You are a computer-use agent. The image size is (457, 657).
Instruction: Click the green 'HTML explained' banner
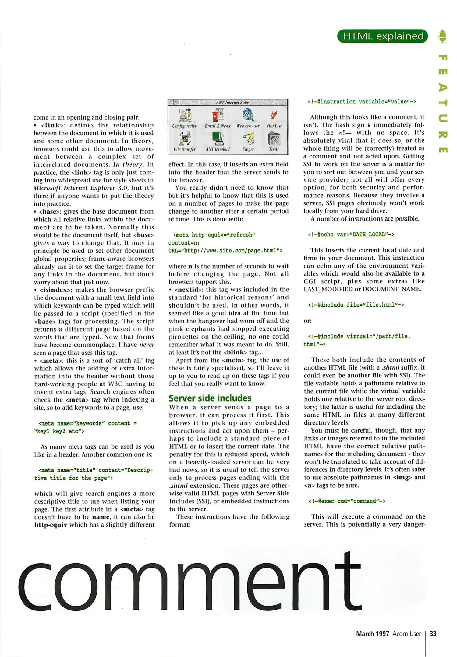pyautogui.click(x=383, y=36)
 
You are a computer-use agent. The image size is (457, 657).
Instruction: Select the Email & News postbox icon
pyautogui.click(x=218, y=115)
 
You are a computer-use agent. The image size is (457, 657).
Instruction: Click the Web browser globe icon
pyautogui.click(x=248, y=115)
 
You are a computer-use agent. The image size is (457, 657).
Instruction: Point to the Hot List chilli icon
pyautogui.click(x=274, y=115)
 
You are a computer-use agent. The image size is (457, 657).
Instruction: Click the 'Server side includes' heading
pyautogui.click(x=210, y=398)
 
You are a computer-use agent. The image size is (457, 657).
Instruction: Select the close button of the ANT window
pyautogui.click(x=176, y=103)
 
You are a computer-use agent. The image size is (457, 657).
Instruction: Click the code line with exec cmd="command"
pyautogui.click(x=347, y=501)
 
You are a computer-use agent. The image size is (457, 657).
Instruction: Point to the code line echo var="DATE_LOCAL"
pyautogui.click(x=351, y=235)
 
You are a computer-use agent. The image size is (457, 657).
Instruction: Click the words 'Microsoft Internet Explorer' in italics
pyautogui.click(x=74, y=188)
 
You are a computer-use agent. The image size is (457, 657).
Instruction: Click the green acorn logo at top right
pyautogui.click(x=443, y=36)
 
